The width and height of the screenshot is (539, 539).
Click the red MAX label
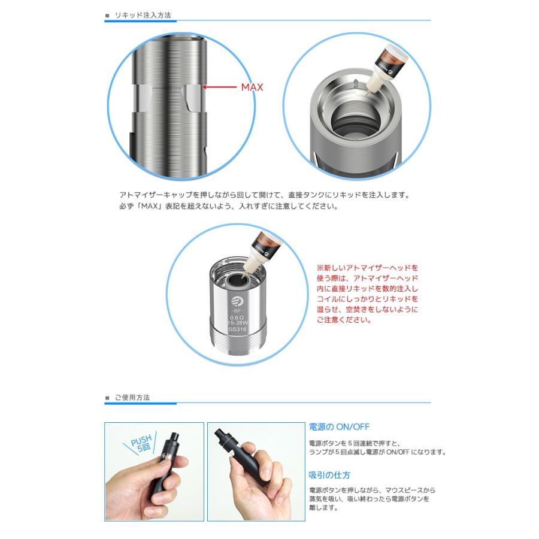(252, 87)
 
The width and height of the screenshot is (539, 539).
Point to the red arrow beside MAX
(220, 87)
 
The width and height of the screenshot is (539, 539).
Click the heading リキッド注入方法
(143, 15)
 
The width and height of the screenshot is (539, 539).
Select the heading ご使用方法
(132, 398)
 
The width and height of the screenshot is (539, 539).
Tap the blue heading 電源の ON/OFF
(339, 427)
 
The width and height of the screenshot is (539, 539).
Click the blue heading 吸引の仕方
(329, 475)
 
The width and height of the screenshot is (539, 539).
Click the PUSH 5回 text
(141, 443)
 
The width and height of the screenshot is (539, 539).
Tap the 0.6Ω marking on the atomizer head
(237, 317)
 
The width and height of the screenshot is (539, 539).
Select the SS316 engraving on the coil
(237, 329)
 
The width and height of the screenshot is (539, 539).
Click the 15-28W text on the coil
(237, 323)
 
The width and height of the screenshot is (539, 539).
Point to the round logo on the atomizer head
(237, 301)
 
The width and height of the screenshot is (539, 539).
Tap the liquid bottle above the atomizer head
(261, 253)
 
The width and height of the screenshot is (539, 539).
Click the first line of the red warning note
(367, 268)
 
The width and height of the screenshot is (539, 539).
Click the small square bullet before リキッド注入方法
(107, 16)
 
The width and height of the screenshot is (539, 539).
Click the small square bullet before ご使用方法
(107, 398)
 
